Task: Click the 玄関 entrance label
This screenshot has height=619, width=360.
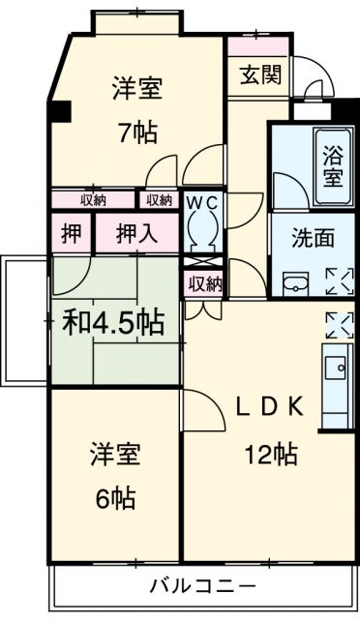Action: coord(261,74)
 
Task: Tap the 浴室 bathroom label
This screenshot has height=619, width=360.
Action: coord(333,165)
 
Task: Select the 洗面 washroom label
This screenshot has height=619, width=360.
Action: coord(313,238)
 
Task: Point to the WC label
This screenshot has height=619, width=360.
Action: coord(202,203)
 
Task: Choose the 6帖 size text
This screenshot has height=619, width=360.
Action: coord(115,498)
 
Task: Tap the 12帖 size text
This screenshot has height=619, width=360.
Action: coord(272,454)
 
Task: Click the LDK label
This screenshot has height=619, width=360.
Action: coord(269,406)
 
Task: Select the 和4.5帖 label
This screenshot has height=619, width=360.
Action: coord(114,322)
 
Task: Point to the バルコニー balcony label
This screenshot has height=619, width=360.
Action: coord(202,585)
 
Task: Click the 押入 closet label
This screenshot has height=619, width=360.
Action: coord(136,234)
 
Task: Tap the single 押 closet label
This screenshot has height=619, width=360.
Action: coord(72,233)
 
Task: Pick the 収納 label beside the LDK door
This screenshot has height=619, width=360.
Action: coord(205,283)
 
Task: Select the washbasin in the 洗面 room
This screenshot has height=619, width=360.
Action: coord(296,283)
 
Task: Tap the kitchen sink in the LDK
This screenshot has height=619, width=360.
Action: coord(336,368)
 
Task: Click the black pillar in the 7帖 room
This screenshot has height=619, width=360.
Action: coord(59,111)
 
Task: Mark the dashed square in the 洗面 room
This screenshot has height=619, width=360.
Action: coord(340,281)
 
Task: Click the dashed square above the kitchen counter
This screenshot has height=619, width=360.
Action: coord(340,325)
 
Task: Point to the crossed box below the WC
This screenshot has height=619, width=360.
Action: coord(203,261)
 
